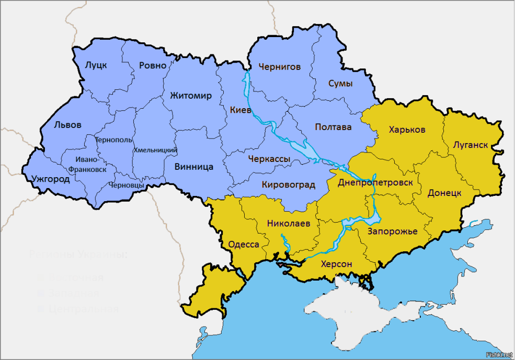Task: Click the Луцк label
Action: coord(96,65)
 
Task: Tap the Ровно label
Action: coord(153,66)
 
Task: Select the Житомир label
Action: coord(190,96)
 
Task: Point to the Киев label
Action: coord(241,110)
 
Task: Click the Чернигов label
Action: coord(280,67)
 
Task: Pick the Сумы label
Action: coord(340,84)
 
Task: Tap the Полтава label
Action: coord(333,127)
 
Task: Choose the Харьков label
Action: coord(407,130)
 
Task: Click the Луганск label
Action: coord(471,145)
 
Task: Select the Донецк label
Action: coord(444,193)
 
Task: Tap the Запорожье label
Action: coord(392,231)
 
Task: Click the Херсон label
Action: coord(336,264)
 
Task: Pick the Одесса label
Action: coord(244,245)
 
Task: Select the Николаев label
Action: coord(289,224)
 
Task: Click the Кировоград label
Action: coord(288,184)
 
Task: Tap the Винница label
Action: coord(193,167)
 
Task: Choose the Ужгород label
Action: coord(50,179)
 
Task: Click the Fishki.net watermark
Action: coord(499,355)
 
